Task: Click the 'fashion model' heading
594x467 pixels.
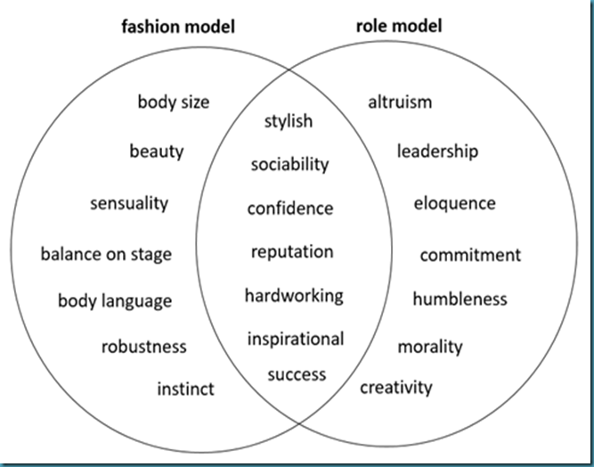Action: (x=178, y=27)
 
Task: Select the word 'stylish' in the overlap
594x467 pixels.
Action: (x=289, y=120)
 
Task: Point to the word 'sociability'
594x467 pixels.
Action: (x=289, y=164)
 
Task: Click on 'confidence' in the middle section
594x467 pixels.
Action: (x=289, y=209)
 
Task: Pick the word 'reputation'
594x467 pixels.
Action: (x=292, y=252)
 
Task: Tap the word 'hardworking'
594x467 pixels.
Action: (x=294, y=295)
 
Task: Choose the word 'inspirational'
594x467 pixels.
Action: (x=296, y=339)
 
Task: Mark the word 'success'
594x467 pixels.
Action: (x=297, y=374)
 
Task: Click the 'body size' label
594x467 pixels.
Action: (x=174, y=102)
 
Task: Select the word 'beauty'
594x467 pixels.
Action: (x=157, y=151)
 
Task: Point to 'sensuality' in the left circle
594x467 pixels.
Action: (x=129, y=203)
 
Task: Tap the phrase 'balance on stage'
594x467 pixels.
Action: (x=106, y=254)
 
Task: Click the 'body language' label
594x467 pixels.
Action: (x=115, y=300)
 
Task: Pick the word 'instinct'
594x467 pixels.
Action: (x=185, y=389)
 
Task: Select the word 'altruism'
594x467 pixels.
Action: (x=400, y=102)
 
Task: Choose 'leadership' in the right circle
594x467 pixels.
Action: (x=437, y=151)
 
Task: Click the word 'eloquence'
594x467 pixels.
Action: (x=454, y=203)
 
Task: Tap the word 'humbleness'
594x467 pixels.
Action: (x=460, y=299)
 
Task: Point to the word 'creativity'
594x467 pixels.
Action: (x=396, y=387)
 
